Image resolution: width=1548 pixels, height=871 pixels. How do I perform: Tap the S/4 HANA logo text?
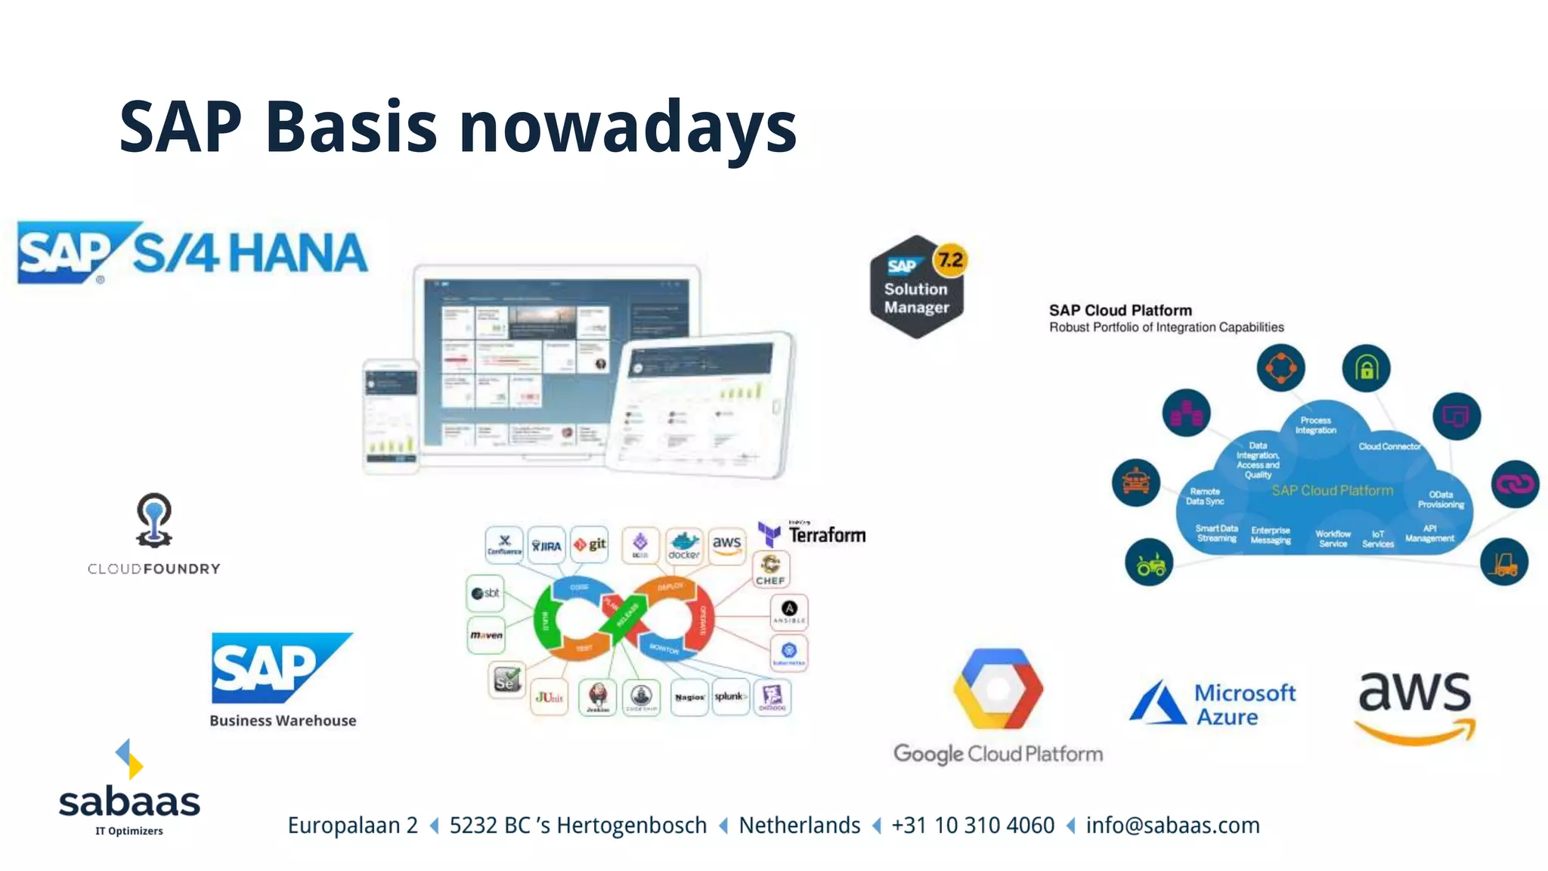[249, 253]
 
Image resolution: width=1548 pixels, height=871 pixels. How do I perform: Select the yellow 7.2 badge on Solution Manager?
[950, 260]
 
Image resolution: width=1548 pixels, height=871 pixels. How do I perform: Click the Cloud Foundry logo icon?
[153, 520]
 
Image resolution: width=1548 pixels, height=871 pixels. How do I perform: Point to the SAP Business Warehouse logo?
[281, 668]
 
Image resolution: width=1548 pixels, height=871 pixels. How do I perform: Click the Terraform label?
[826, 535]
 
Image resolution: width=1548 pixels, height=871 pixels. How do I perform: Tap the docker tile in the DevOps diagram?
[683, 544]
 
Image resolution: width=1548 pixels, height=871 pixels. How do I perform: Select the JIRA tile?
[546, 544]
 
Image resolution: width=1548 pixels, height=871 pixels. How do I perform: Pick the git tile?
[590, 544]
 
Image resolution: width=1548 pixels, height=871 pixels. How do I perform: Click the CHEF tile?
[770, 569]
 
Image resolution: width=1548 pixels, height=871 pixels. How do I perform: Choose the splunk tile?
[729, 696]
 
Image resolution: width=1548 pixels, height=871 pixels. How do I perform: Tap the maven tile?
[486, 634]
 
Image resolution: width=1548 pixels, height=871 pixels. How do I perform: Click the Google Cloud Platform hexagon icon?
[998, 689]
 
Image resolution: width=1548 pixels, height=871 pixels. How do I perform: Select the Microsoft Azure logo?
[1212, 704]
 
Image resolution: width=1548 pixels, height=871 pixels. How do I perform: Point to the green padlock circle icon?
[1365, 368]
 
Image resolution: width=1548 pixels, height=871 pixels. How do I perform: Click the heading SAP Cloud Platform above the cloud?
[1120, 310]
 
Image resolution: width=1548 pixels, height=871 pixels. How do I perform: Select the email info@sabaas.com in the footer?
[1172, 825]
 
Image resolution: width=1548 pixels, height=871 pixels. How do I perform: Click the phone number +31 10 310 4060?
[973, 825]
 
